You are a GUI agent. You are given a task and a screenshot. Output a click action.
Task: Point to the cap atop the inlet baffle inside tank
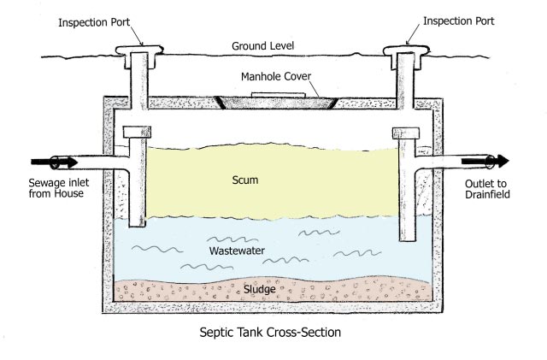coord(137,133)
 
